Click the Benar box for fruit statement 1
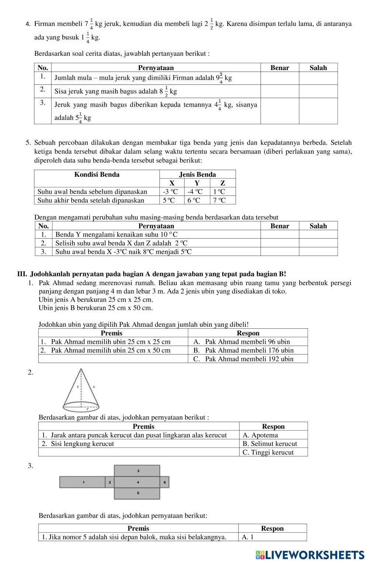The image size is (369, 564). (x=279, y=78)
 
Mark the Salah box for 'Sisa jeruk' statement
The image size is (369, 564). (x=318, y=91)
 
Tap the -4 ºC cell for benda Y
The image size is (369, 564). (x=195, y=192)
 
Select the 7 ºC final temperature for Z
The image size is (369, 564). (x=219, y=200)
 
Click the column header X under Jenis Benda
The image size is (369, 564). (x=172, y=183)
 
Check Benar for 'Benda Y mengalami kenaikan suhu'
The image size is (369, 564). (x=279, y=235)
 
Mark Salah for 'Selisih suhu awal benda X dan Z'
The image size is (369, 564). (x=318, y=243)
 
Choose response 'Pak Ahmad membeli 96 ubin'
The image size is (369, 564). (x=247, y=342)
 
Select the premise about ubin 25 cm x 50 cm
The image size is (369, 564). (x=111, y=350)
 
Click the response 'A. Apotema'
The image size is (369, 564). (x=260, y=435)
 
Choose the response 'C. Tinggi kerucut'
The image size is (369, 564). (x=268, y=452)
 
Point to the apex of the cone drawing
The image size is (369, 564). (x=81, y=368)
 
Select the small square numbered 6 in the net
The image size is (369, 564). (x=165, y=482)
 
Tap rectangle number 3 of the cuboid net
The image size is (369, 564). (x=137, y=471)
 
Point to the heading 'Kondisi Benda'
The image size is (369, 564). (x=97, y=175)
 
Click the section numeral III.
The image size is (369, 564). (x=22, y=274)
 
